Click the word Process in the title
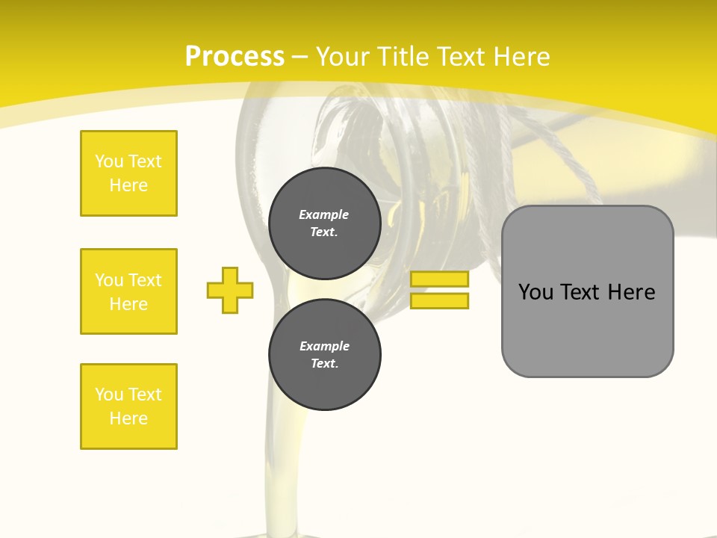tap(235, 57)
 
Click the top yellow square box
tap(128, 173)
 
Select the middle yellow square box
tap(128, 291)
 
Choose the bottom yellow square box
tap(128, 406)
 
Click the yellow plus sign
tap(230, 290)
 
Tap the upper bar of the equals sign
tap(440, 279)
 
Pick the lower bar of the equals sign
tap(440, 300)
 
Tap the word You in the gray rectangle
tap(536, 292)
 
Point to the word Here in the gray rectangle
tap(631, 292)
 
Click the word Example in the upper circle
tap(324, 214)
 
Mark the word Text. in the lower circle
tap(324, 364)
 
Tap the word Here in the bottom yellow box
tap(128, 418)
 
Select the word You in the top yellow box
tap(108, 161)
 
